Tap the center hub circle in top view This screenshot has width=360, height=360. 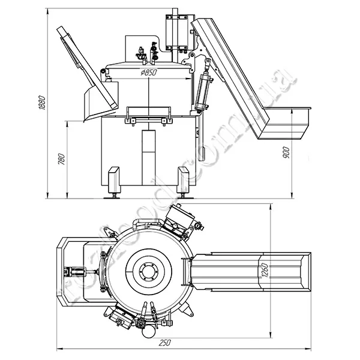148,272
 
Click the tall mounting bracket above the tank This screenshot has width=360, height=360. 176,33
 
